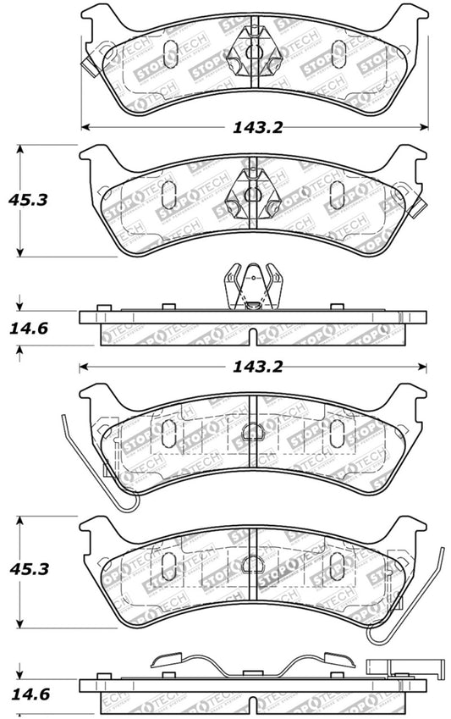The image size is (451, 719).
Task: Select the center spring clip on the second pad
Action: (252, 194)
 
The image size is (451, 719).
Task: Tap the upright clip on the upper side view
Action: (252, 288)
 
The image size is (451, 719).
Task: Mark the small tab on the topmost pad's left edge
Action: (87, 60)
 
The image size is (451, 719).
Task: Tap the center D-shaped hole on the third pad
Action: (252, 433)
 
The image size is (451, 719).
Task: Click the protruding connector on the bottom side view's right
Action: (381, 667)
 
